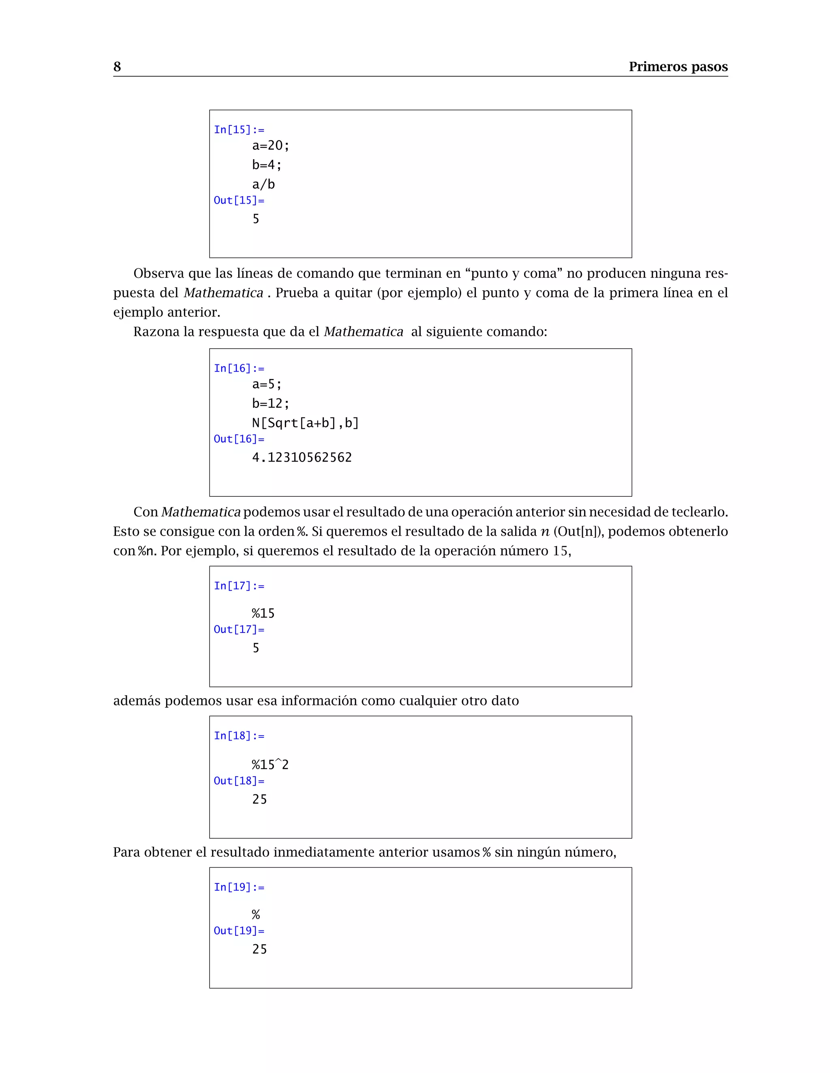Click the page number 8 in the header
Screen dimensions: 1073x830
pos(117,66)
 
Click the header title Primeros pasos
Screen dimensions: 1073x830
pos(678,66)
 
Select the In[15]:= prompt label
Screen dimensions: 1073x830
pos(239,130)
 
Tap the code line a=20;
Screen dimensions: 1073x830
pos(270,145)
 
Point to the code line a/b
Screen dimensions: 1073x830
pos(263,184)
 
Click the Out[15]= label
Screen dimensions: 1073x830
pos(239,200)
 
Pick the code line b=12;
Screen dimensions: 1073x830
pos(270,403)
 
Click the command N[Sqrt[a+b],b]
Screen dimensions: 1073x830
pos(305,423)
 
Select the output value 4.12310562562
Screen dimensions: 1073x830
pos(302,458)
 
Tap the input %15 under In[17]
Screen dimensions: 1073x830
pos(263,613)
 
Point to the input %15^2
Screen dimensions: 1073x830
pos(270,764)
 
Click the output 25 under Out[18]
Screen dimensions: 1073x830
pos(259,799)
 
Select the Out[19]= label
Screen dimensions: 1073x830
pos(239,930)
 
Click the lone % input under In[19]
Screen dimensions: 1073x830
pos(256,914)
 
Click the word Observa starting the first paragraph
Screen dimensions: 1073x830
pos(158,273)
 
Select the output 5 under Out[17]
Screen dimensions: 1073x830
pos(256,648)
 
